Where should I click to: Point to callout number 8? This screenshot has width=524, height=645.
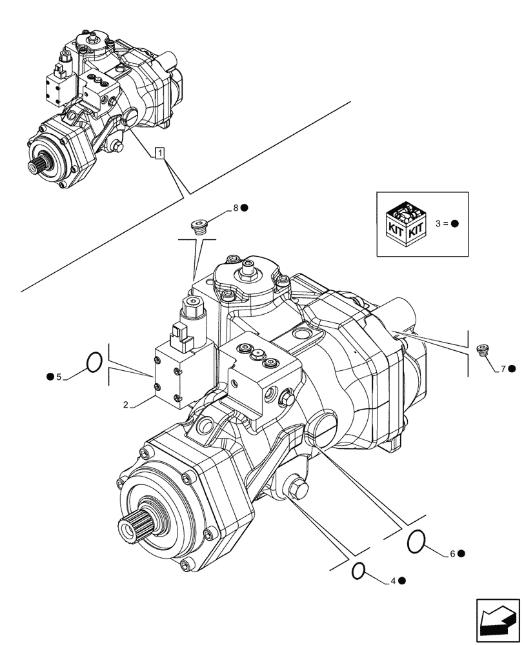click(x=236, y=208)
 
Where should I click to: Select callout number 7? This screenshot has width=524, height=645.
click(x=502, y=369)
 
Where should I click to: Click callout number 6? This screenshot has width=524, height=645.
click(x=452, y=554)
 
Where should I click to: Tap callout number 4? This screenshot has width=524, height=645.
click(x=392, y=581)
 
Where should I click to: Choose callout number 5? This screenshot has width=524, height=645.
click(x=59, y=377)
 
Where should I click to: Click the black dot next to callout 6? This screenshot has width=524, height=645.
click(x=462, y=554)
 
